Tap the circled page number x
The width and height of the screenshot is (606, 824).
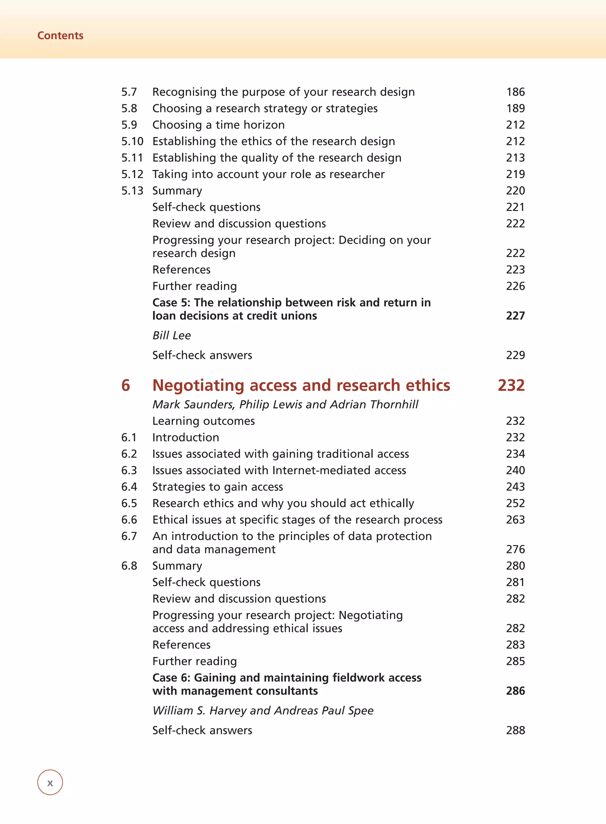(50, 782)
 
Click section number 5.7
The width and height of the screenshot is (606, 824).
(129, 92)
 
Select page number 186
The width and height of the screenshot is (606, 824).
(515, 92)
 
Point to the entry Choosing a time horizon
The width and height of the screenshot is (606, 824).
(218, 125)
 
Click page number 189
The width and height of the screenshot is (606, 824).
(515, 108)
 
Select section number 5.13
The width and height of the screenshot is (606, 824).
(132, 190)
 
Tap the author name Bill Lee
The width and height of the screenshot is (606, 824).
(171, 335)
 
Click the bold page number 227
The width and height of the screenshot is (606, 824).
(515, 316)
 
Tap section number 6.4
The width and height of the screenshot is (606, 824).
(129, 487)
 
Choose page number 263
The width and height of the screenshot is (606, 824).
(515, 520)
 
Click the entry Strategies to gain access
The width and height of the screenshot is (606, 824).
(217, 487)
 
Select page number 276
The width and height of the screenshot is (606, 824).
(515, 549)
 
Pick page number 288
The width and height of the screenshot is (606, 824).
(515, 730)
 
